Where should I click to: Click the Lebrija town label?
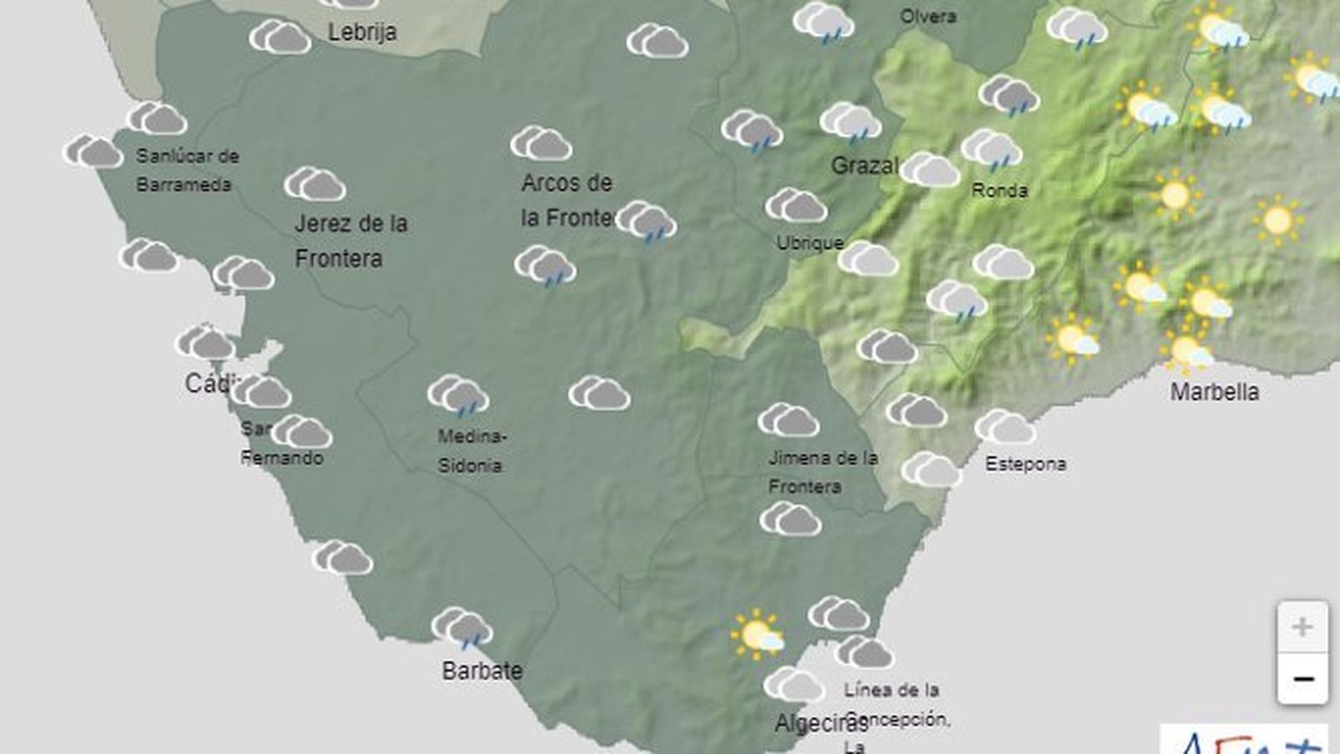pyautogui.click(x=362, y=32)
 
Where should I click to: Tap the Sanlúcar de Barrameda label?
pyautogui.click(x=186, y=169)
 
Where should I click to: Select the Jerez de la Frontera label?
pyautogui.click(x=350, y=240)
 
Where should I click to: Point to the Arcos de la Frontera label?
pyautogui.click(x=567, y=200)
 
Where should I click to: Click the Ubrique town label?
pyautogui.click(x=809, y=243)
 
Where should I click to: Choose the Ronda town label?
pyautogui.click(x=999, y=190)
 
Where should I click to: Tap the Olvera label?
pyautogui.click(x=927, y=16)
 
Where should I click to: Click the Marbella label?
pyautogui.click(x=1214, y=391)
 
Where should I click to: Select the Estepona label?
pyautogui.click(x=1025, y=463)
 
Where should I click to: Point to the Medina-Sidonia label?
pyautogui.click(x=472, y=451)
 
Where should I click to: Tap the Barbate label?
pyautogui.click(x=482, y=670)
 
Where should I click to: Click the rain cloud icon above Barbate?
pyautogui.click(x=462, y=628)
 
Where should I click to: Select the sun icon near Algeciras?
pyautogui.click(x=756, y=634)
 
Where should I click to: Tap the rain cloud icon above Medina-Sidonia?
pyautogui.click(x=458, y=395)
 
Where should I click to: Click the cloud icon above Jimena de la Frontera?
pyautogui.click(x=788, y=420)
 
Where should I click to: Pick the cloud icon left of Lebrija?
pyautogui.click(x=280, y=37)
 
